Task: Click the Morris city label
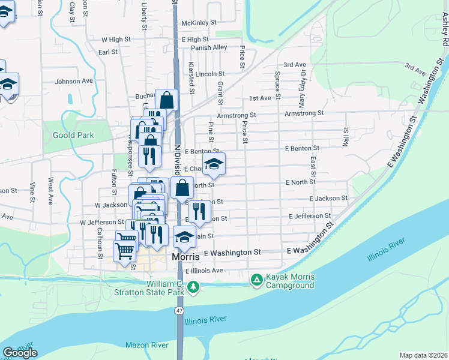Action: point(185,257)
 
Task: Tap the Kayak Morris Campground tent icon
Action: point(257,280)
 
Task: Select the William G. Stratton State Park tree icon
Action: point(193,287)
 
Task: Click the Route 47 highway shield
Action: point(179,310)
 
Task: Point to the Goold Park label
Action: point(73,135)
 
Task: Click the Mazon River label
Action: point(146,345)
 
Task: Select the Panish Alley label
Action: point(209,47)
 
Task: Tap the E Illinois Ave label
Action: point(204,271)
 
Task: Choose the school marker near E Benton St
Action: point(213,163)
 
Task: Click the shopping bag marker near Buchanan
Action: point(166,100)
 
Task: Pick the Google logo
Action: point(20,352)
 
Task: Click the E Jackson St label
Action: point(328,198)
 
